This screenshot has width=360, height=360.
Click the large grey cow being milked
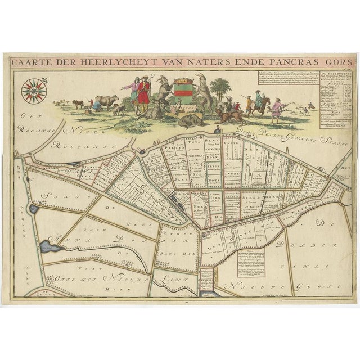tap(105, 102)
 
